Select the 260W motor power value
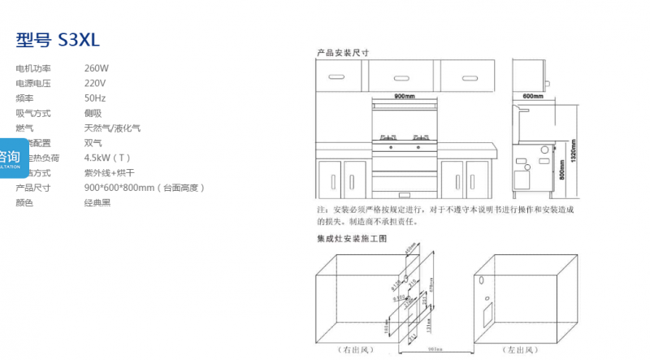96,68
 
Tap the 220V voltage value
95,83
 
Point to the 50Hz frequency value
95,98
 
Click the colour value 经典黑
97,202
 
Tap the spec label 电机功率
33,68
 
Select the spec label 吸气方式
33,113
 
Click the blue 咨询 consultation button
11,158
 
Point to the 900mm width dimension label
404,96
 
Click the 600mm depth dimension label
532,96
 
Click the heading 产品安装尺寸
343,52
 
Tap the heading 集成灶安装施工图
351,240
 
